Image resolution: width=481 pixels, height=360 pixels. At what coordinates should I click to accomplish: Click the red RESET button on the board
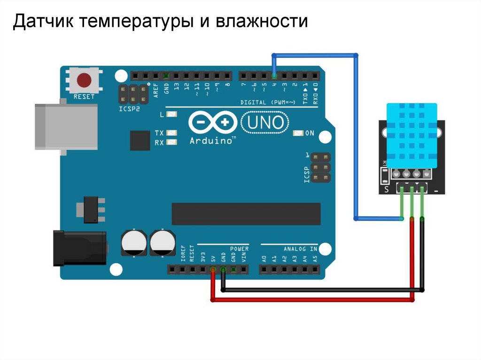point(84,80)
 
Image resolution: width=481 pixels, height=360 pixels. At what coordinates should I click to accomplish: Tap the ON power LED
point(298,133)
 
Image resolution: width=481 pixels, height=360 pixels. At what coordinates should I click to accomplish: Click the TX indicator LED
point(171,133)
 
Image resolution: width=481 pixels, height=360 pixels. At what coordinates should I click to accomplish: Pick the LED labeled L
point(171,114)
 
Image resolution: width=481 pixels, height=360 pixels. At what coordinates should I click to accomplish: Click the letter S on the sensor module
point(387,190)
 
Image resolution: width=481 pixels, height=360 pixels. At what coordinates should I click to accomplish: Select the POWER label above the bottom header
point(239,248)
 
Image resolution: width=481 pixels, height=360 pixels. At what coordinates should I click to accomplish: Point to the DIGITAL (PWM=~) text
point(268,102)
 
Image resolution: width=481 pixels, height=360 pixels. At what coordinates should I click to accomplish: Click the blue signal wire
point(356,141)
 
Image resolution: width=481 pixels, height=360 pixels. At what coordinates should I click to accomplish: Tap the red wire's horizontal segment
point(312,300)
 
